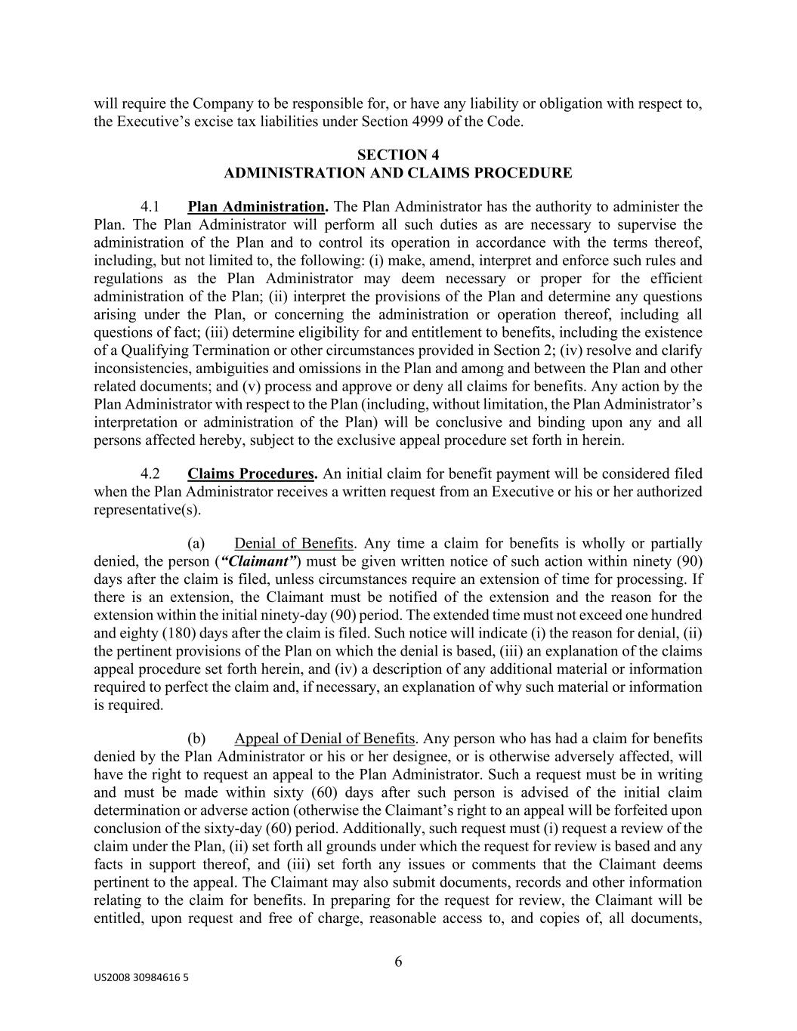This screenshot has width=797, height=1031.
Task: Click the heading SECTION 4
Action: pyautogui.click(x=398, y=155)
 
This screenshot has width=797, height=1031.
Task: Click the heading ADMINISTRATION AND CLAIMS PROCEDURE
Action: pyautogui.click(x=398, y=173)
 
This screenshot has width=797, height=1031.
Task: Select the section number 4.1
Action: pyautogui.click(x=150, y=207)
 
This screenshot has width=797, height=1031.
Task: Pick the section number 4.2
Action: pyautogui.click(x=150, y=474)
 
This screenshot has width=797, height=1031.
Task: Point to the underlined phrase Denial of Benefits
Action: pyautogui.click(x=294, y=544)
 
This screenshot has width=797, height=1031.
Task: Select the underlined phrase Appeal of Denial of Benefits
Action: pyautogui.click(x=325, y=739)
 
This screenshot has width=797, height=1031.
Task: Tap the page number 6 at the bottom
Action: pyautogui.click(x=398, y=962)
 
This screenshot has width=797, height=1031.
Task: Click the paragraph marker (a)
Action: pyautogui.click(x=196, y=544)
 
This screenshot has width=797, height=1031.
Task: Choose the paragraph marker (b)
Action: pyautogui.click(x=196, y=739)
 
